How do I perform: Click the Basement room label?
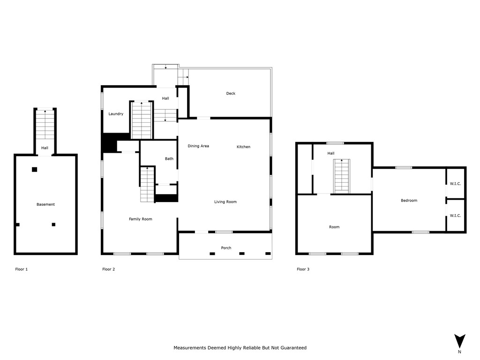coord(45,204)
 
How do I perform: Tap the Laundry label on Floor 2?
coord(116,114)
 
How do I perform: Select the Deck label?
coord(231,93)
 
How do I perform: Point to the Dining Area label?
coord(198,146)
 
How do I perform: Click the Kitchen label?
coord(243,147)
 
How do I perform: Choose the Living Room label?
coord(225,202)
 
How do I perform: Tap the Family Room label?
coord(141,219)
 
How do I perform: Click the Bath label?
coord(169,158)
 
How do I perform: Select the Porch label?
coord(226,248)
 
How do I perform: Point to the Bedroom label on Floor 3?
coord(409,201)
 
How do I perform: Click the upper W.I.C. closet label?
coord(455,184)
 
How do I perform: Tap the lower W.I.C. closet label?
coord(455,216)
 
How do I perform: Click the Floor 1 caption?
coord(22,270)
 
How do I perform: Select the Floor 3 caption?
coord(303,270)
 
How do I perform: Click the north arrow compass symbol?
coord(459,341)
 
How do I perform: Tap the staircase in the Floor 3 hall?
coord(342,176)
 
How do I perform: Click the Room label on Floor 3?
coord(334,227)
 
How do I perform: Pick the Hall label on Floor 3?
coord(331,153)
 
